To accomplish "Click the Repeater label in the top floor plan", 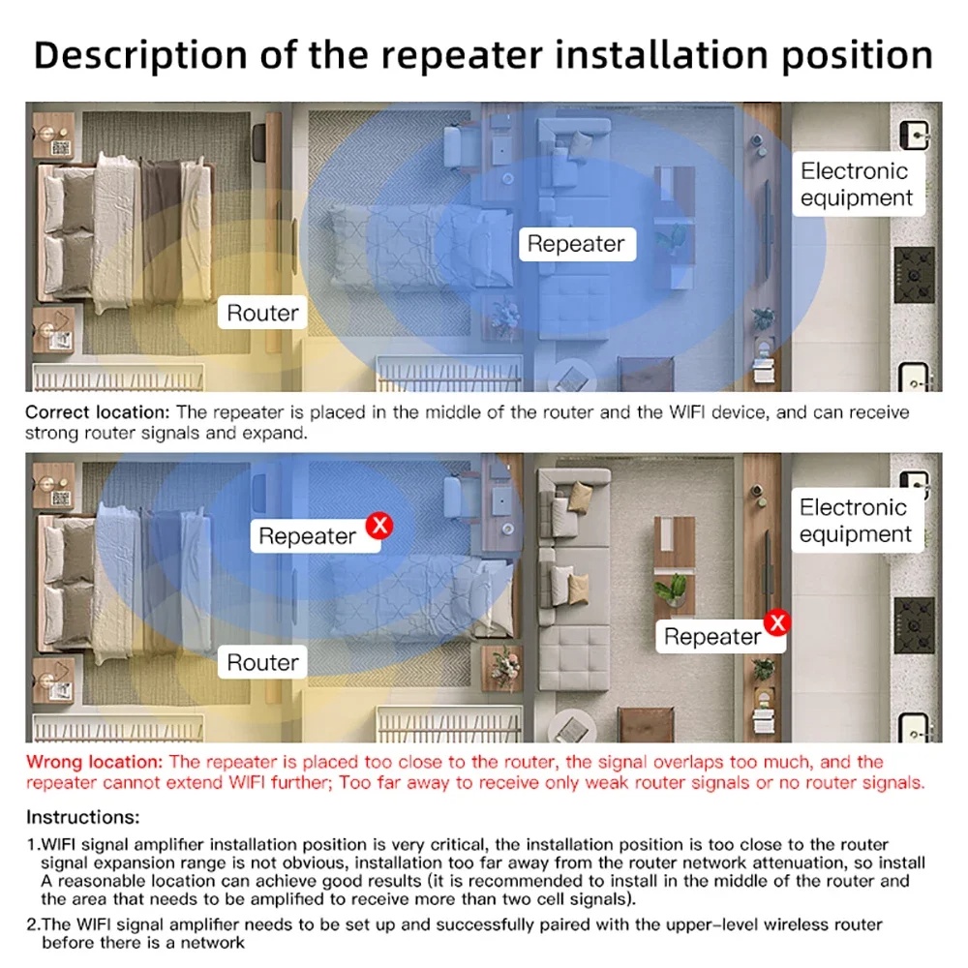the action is click(577, 244).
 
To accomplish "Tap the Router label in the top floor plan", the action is click(262, 313).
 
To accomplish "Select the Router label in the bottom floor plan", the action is click(262, 662).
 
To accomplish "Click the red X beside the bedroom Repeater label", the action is click(379, 526).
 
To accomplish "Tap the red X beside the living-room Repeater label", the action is click(778, 622).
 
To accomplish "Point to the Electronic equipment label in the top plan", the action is click(858, 184).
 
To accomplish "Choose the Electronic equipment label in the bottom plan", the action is click(857, 521).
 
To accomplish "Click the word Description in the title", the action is click(140, 55).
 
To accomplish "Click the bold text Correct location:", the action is click(97, 411).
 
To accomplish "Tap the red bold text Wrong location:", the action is click(94, 762).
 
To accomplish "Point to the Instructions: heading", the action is click(82, 817).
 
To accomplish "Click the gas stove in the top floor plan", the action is click(915, 275).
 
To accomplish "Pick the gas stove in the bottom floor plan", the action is click(915, 625).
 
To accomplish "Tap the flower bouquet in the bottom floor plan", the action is click(505, 667).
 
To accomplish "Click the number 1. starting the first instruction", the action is click(33, 844).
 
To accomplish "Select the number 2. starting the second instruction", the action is click(33, 924).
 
